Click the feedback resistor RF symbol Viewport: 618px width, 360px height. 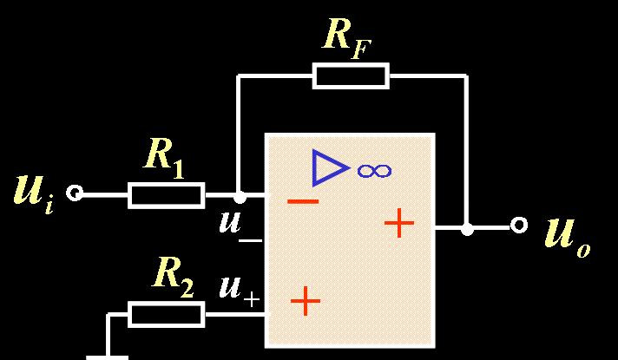click(x=351, y=76)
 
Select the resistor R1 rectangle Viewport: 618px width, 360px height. click(x=167, y=195)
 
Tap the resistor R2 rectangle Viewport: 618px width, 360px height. click(x=167, y=314)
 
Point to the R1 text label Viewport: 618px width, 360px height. click(x=164, y=156)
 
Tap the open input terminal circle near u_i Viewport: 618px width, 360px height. click(x=76, y=193)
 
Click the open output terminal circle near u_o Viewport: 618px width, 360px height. click(x=519, y=226)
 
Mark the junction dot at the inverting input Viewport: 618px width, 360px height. click(x=240, y=198)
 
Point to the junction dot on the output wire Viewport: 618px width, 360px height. click(x=467, y=230)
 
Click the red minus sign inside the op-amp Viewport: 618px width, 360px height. click(x=303, y=201)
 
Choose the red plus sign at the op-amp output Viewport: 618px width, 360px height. click(x=399, y=224)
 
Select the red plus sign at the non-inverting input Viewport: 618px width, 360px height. click(x=306, y=301)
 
